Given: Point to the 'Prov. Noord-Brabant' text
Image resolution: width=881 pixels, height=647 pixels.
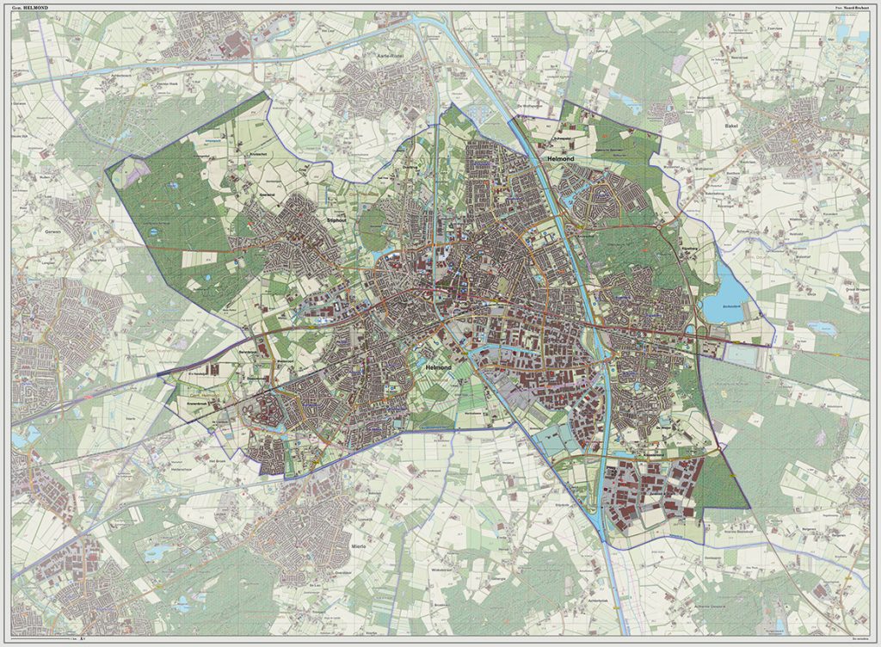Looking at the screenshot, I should click(x=850, y=8).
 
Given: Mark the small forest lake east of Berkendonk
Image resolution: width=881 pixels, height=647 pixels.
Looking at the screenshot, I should click(x=822, y=327).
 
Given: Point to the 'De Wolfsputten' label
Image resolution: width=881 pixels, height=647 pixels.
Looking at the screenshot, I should click(x=527, y=106).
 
